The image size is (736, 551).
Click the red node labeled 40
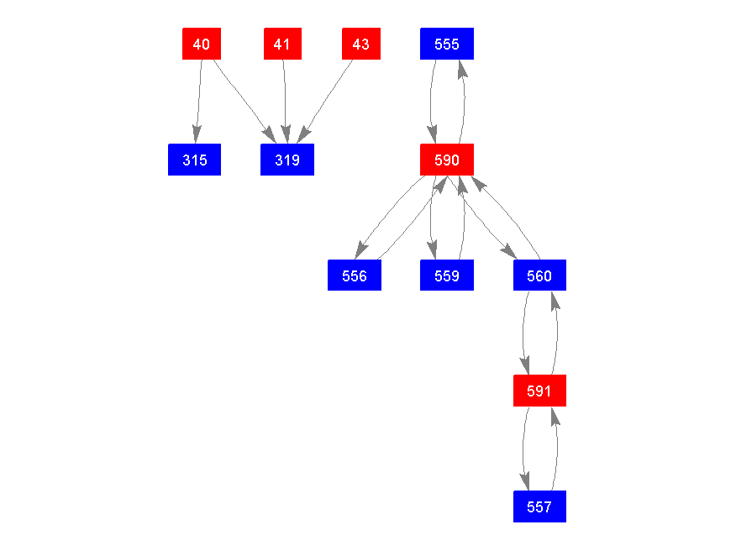(x=202, y=44)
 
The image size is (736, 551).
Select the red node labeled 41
(x=282, y=44)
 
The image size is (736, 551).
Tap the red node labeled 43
(x=361, y=44)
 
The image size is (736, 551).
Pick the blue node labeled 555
(x=447, y=44)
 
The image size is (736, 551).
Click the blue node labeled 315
(x=194, y=160)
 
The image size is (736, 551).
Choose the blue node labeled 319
(x=287, y=160)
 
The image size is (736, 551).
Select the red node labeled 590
(x=447, y=160)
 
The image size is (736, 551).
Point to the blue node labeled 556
(x=355, y=275)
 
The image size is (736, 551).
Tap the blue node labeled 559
(x=447, y=275)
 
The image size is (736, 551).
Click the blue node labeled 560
(x=539, y=275)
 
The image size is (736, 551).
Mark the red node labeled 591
(x=539, y=391)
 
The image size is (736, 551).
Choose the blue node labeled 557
(x=539, y=506)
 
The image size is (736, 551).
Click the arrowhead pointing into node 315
(x=196, y=134)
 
